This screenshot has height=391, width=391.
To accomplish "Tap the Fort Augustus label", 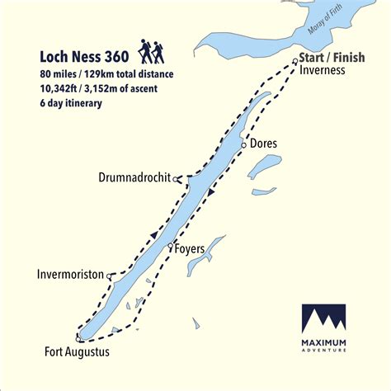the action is (76, 353).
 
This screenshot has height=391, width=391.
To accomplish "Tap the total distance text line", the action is (106, 74).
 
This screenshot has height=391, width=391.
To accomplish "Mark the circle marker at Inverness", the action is (295, 62).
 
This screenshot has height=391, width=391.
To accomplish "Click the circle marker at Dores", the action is (243, 144).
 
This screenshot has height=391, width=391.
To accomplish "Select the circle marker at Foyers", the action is (170, 247).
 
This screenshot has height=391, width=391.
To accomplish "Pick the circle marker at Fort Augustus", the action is (78, 339).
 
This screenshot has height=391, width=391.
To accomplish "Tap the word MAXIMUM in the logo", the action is (324, 342).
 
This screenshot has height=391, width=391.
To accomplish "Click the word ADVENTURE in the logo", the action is (324, 351).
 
